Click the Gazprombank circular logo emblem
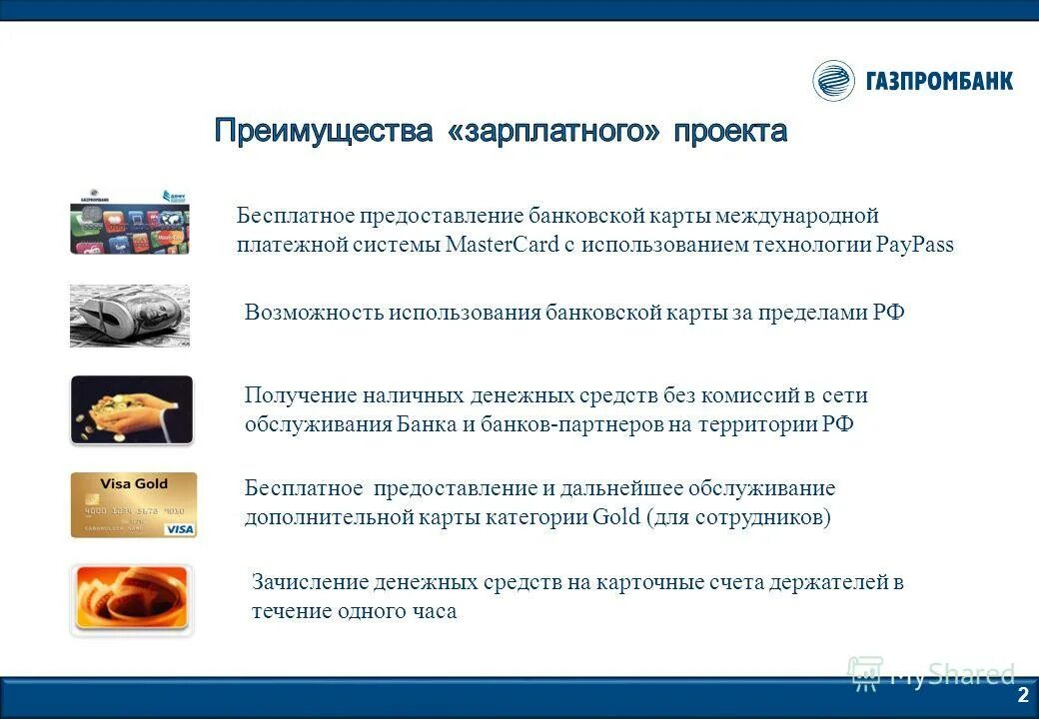[x=833, y=81]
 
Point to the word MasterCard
[x=494, y=246]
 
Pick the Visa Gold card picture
[x=133, y=505]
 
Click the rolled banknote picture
[x=129, y=317]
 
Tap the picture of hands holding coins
[x=131, y=409]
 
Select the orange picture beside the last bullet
[x=131, y=599]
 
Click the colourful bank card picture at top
[x=129, y=221]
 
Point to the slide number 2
[x=1022, y=695]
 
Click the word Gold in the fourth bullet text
[x=616, y=518]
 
